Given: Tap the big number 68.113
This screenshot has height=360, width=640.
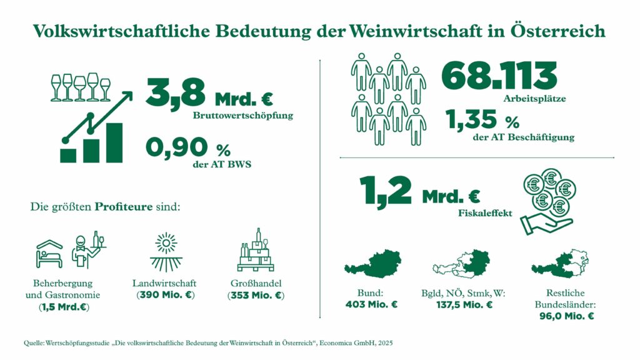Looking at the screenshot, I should (499, 76).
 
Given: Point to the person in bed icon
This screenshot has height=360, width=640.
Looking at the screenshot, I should (47, 253).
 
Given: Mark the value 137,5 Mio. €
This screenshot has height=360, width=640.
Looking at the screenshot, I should (465, 305).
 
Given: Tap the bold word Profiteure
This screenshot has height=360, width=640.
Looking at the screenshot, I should (123, 206).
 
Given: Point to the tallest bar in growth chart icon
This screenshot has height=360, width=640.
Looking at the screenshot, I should (114, 142).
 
